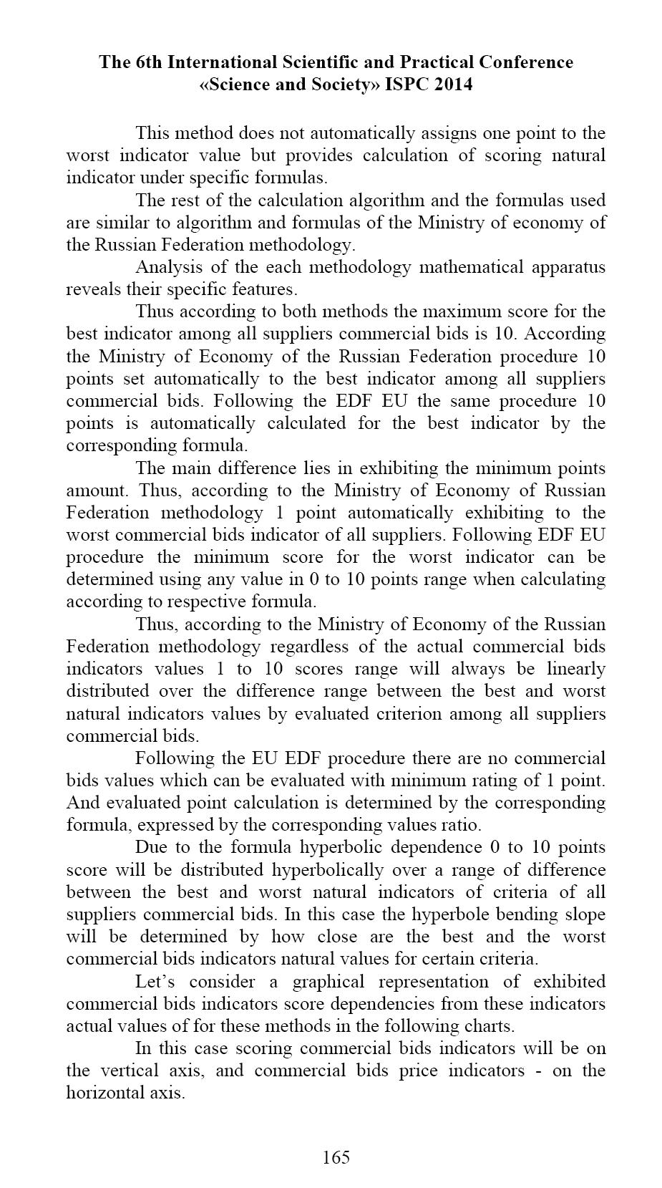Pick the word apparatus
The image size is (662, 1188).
(566, 267)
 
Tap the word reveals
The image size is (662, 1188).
(90, 289)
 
